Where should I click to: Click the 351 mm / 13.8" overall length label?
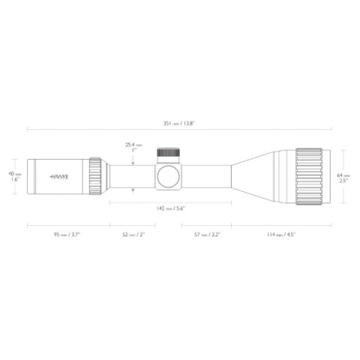pos(180,123)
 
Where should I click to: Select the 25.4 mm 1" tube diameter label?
pos(133,148)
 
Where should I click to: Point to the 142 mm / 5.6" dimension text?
pos(171,209)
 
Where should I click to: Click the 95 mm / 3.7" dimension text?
pos(67,235)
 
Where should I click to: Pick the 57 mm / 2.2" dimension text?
pos(207,235)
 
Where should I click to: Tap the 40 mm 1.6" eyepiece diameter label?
pos(16,176)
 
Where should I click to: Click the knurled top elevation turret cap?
pos(168,154)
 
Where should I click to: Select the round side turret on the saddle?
pos(168,177)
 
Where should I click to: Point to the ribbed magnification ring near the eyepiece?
pos(95,176)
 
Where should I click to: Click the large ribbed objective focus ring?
pos(311,176)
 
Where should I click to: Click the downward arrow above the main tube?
pos(133,161)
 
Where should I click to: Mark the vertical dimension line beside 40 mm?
pos(25,176)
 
